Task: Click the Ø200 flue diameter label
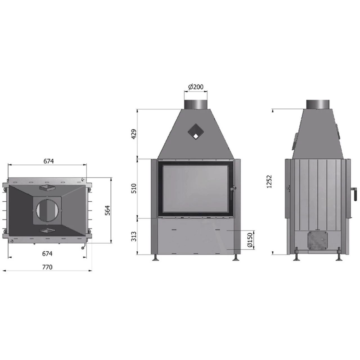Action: click(x=196, y=87)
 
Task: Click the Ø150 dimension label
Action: click(x=250, y=240)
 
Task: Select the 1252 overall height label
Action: click(x=269, y=181)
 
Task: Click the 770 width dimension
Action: click(x=47, y=267)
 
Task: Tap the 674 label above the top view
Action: click(x=48, y=161)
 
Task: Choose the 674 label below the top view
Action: click(x=47, y=253)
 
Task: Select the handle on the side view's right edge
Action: click(x=354, y=193)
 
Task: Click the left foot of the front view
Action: click(x=155, y=258)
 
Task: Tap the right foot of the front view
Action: click(x=236, y=258)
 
